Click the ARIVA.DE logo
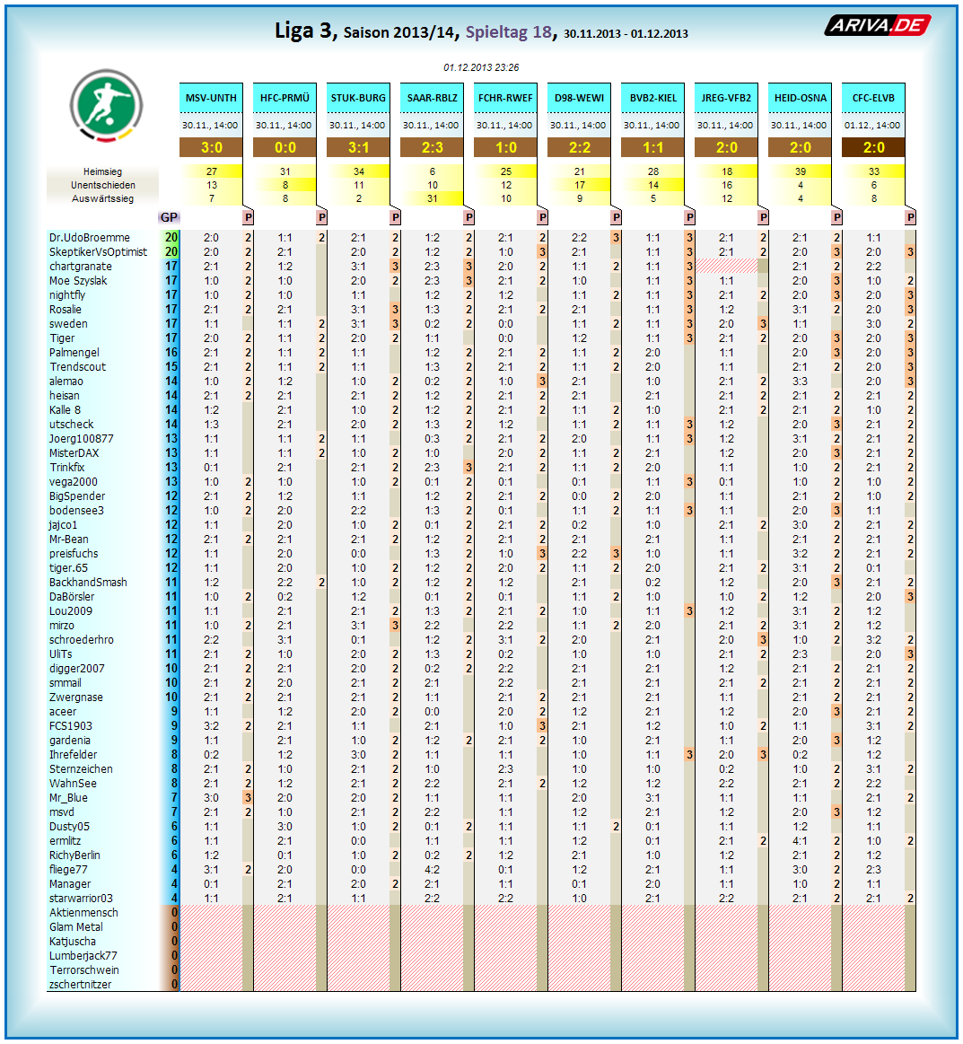[877, 25]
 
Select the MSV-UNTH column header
[211, 98]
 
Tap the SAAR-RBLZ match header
[432, 98]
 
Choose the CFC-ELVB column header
[873, 98]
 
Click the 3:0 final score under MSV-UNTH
[211, 147]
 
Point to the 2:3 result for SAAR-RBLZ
[432, 147]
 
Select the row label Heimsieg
[102, 171]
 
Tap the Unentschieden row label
[102, 185]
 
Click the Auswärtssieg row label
[102, 198]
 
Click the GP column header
[169, 217]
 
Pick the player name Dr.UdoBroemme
[90, 238]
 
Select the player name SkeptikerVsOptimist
[98, 252]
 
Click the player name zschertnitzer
[81, 985]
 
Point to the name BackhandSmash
[88, 583]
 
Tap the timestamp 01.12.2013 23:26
[481, 67]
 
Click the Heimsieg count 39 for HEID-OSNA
[800, 171]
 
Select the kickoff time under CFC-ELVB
[873, 126]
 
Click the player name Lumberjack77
[83, 956]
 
